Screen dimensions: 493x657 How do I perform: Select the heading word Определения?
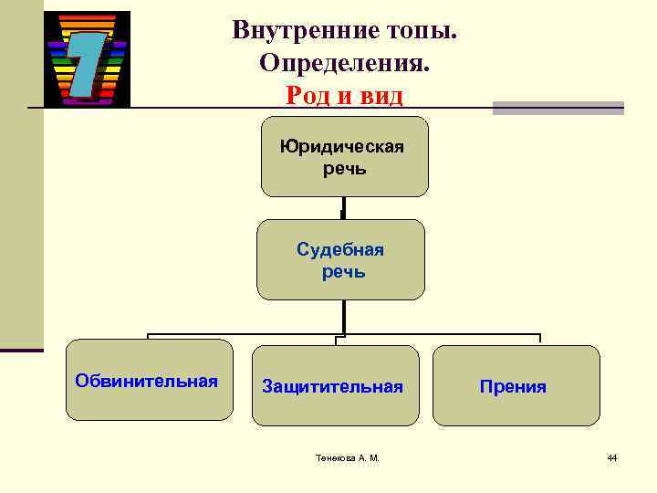344,63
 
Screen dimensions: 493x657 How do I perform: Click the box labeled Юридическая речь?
344,156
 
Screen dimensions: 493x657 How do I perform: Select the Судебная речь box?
340,260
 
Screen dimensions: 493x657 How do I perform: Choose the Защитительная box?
335,385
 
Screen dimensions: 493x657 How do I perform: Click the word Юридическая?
343,147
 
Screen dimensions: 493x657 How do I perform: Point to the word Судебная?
340,250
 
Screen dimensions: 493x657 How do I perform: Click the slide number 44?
612,457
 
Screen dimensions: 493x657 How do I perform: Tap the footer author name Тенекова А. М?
343,457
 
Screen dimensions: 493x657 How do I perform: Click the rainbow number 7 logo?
87,59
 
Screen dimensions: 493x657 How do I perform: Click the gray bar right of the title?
558,108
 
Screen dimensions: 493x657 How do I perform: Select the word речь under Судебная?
343,272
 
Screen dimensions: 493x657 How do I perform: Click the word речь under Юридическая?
344,168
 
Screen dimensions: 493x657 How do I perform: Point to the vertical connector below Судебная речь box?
343,316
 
